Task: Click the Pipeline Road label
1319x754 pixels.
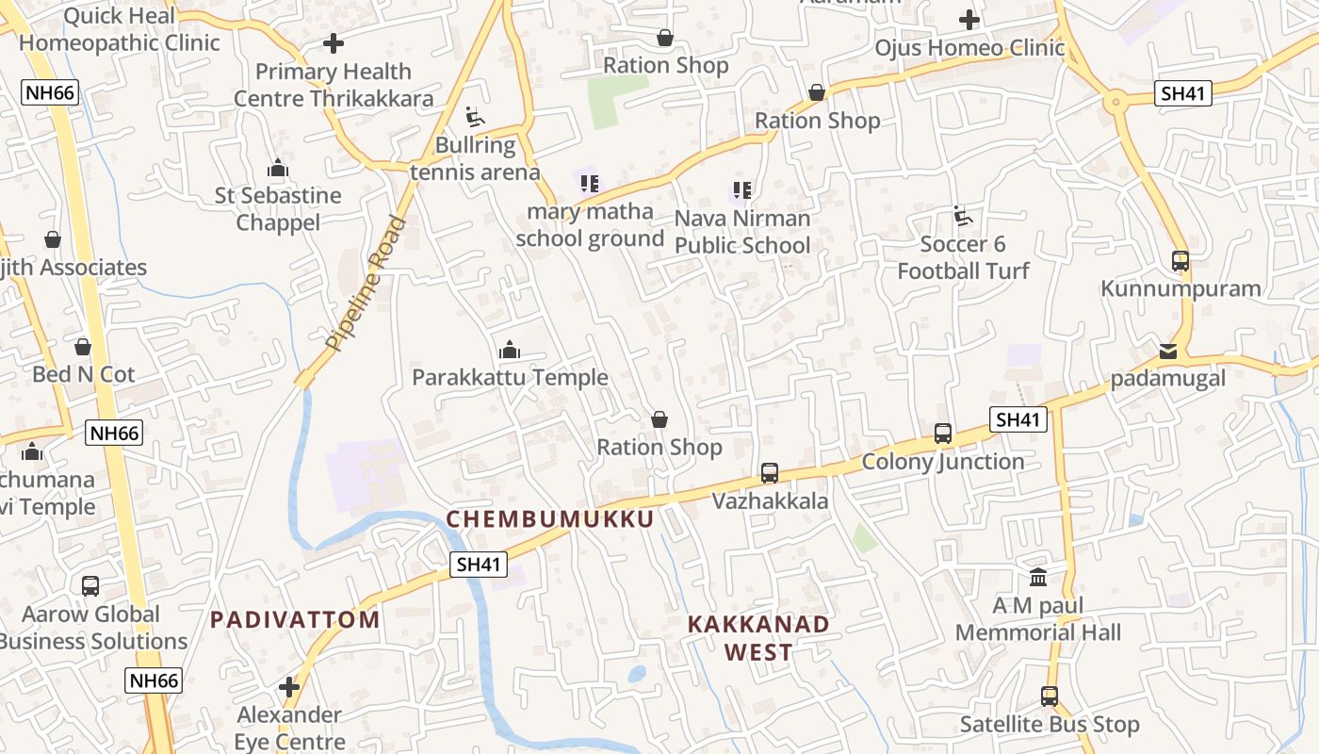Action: (367, 285)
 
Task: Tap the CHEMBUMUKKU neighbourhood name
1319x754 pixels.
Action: (550, 519)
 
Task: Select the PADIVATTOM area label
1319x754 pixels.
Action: (295, 619)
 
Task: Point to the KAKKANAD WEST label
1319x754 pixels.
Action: (758, 637)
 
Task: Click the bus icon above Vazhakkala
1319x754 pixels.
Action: (770, 473)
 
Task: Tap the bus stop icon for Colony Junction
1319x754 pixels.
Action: (943, 434)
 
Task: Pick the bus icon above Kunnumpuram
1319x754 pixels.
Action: (1181, 261)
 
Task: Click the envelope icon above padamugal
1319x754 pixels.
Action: (1168, 352)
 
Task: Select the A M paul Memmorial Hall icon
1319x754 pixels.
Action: (1038, 577)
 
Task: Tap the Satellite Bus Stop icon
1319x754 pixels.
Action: (1050, 697)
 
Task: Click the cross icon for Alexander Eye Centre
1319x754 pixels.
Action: (289, 687)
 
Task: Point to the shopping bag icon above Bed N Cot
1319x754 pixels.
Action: (83, 347)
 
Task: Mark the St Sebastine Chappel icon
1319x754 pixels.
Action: (278, 169)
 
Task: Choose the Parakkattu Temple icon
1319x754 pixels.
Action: (510, 351)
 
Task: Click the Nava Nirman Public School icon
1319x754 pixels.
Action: (742, 190)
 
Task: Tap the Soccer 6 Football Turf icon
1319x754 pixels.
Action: (963, 216)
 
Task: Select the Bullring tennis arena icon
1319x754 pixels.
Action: (475, 118)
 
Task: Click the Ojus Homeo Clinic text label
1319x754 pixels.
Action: (969, 47)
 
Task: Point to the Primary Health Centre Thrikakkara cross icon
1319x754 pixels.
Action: (334, 43)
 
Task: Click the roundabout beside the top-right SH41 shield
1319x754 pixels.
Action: (1115, 99)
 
